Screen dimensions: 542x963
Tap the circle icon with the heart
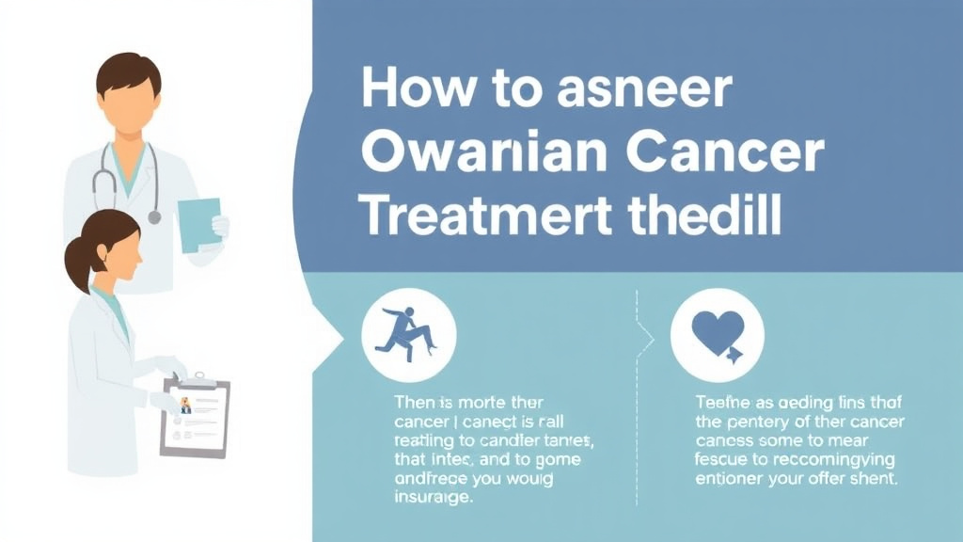tap(717, 334)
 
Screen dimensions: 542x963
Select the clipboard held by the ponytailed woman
tap(195, 417)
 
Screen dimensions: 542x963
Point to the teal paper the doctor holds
tap(198, 224)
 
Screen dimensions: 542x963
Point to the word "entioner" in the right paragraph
tap(732, 479)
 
